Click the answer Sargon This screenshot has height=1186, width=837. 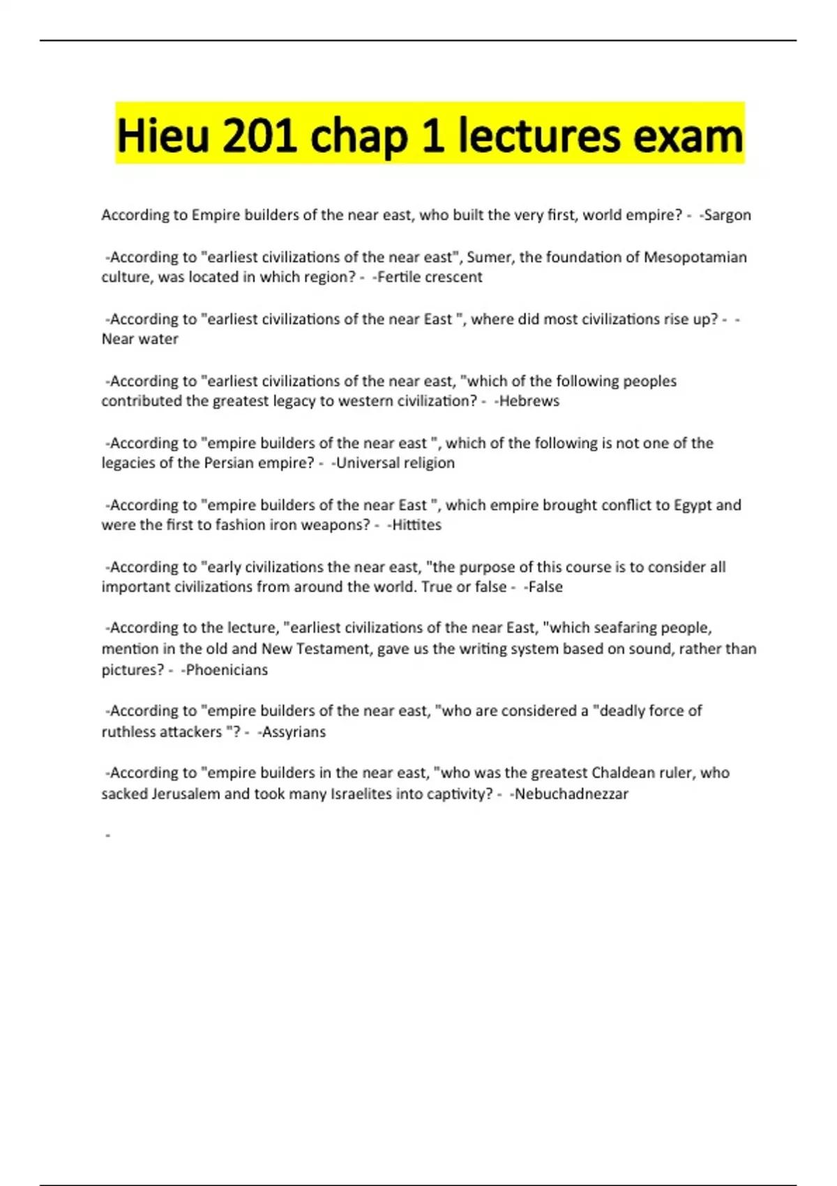point(727,215)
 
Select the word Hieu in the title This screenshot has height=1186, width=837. point(163,135)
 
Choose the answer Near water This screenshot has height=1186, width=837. point(140,339)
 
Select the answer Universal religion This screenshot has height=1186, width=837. point(395,463)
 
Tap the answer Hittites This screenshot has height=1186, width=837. point(416,525)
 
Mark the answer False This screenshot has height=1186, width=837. point(545,587)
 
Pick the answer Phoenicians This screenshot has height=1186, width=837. point(227,670)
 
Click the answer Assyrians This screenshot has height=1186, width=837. point(294,732)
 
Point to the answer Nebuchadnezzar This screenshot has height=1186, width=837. point(571,794)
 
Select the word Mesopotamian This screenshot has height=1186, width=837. point(695,257)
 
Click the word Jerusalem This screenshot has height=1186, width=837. point(186,794)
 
